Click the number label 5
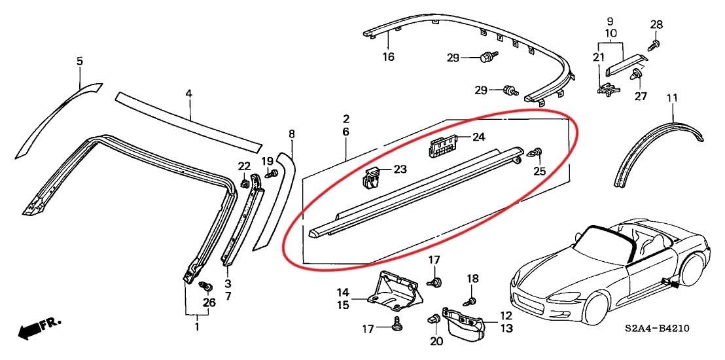[80, 62]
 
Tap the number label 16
[389, 57]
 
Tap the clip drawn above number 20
[433, 319]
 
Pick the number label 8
[292, 134]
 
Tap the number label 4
[188, 94]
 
